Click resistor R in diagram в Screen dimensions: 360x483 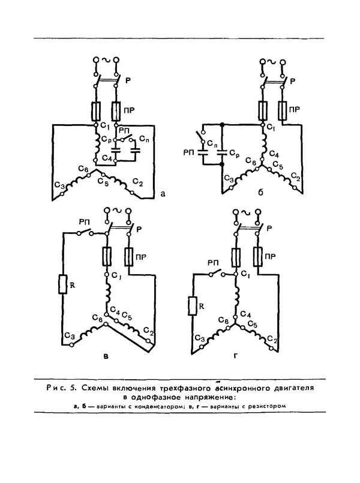pos(63,284)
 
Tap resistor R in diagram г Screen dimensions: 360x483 pos(193,305)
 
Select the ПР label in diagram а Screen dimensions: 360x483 pos(130,110)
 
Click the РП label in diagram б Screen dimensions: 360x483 pos(189,152)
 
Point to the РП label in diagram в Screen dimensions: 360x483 pos(84,222)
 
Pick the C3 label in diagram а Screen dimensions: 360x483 pos(60,185)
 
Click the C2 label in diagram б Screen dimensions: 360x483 pos(296,177)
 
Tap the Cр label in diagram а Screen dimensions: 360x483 pos(106,139)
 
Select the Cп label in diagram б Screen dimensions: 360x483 pos(212,143)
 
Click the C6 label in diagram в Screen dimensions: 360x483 pos(97,319)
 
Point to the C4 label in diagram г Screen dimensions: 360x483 pos(245,314)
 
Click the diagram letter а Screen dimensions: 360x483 pos(163,194)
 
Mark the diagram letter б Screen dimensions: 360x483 pos(260,193)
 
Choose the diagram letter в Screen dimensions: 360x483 pos(106,357)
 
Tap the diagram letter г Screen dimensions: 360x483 pos(236,356)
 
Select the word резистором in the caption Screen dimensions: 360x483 pos(270,406)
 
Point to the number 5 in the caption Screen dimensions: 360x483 pos(73,388)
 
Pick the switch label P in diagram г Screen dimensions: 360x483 pos(269,229)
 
